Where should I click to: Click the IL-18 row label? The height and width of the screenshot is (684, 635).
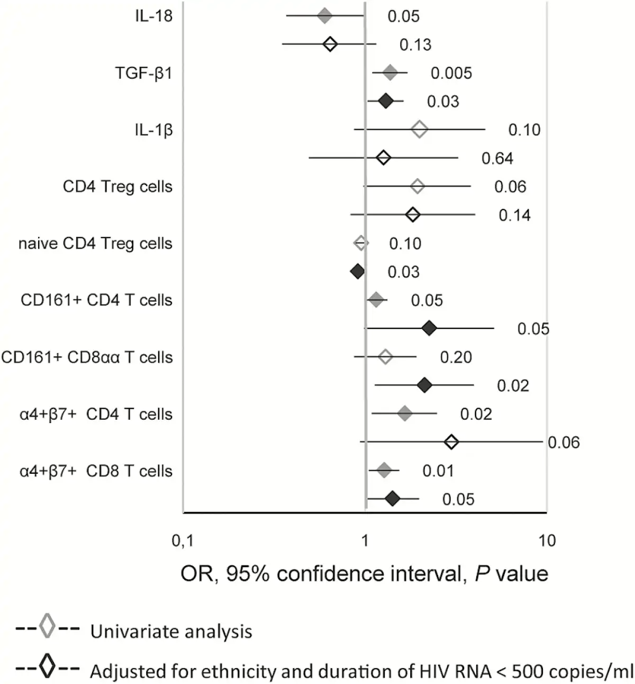tap(153, 16)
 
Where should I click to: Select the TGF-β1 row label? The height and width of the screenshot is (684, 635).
tap(144, 73)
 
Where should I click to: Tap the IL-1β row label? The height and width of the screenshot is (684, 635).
tap(153, 130)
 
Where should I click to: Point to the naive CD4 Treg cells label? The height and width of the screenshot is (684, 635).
tap(95, 244)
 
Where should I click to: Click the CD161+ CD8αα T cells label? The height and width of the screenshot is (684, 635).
tap(87, 357)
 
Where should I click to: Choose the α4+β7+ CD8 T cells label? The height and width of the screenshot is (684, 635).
tap(96, 471)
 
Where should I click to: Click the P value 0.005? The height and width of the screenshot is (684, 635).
tap(451, 73)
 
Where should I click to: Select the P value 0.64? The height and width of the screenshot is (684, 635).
tap(497, 158)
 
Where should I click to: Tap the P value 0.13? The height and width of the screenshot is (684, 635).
tap(415, 45)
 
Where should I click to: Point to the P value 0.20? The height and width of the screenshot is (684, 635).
tap(456, 357)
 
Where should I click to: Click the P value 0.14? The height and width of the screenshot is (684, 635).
tap(514, 215)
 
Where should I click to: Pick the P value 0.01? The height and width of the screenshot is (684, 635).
tap(438, 471)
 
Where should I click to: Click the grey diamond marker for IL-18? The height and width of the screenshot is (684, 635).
tap(324, 16)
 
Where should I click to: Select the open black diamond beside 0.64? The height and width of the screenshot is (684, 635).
tap(383, 158)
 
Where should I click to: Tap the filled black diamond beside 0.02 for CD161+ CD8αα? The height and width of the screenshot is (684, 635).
tap(424, 385)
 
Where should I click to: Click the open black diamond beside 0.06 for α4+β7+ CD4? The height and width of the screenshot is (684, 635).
tap(451, 442)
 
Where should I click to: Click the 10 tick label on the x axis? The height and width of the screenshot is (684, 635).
tap(547, 541)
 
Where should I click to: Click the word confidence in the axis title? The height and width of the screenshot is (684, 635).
tap(334, 573)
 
